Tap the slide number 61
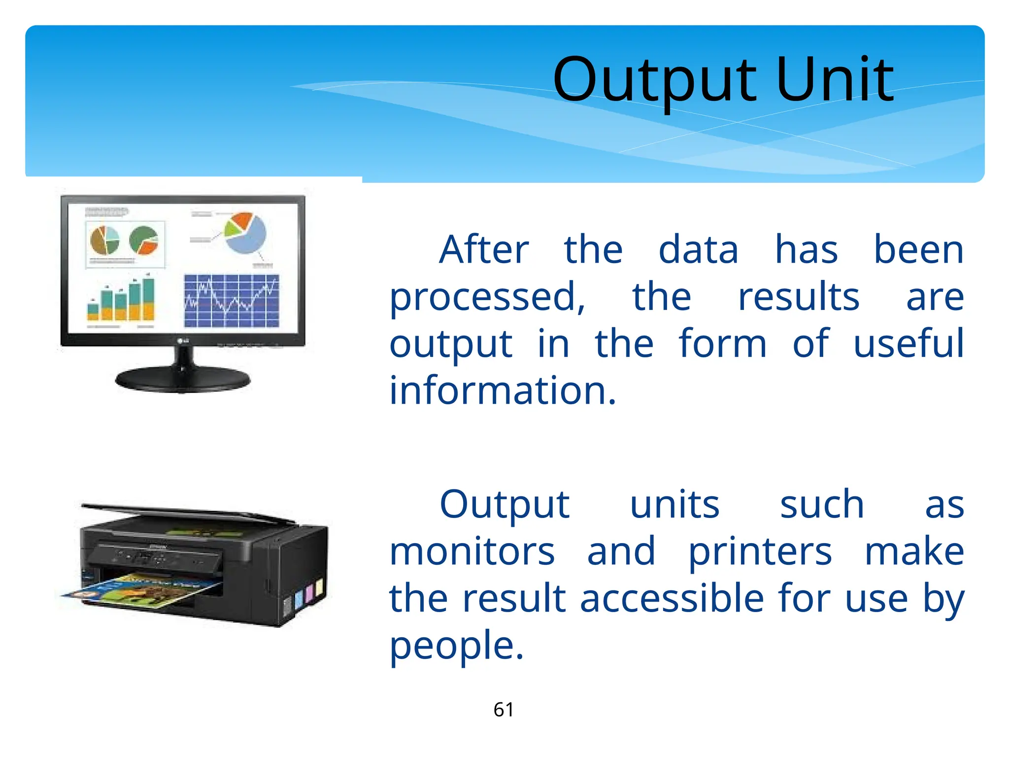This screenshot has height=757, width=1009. click(x=504, y=710)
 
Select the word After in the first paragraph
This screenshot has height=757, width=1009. click(x=484, y=250)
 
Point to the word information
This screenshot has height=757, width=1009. click(x=503, y=390)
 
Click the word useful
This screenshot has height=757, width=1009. click(x=908, y=344)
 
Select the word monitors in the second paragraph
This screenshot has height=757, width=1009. click(x=472, y=551)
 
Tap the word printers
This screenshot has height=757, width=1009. click(x=760, y=551)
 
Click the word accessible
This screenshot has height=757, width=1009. click(x=673, y=598)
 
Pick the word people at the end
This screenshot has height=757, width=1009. click(x=456, y=646)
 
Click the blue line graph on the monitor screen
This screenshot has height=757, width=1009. click(x=231, y=301)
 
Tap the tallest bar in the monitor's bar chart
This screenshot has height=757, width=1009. click(x=148, y=299)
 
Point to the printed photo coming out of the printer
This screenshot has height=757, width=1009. click(x=143, y=590)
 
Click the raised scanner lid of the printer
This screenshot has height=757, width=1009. click(x=187, y=513)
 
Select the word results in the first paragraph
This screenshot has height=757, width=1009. click(x=798, y=297)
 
